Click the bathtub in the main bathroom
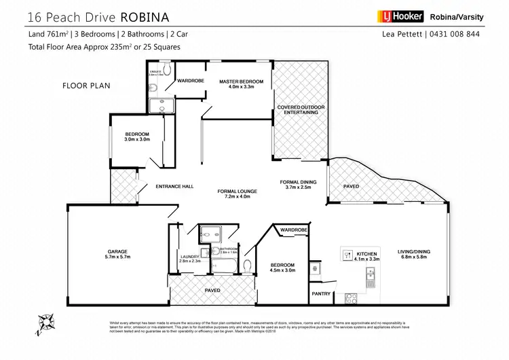(224, 265)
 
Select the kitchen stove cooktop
(352, 295)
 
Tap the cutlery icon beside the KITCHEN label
(349, 256)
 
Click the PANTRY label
(322, 293)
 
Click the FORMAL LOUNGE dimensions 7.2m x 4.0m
(234, 197)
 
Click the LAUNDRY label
(189, 256)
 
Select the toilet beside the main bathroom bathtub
(248, 265)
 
